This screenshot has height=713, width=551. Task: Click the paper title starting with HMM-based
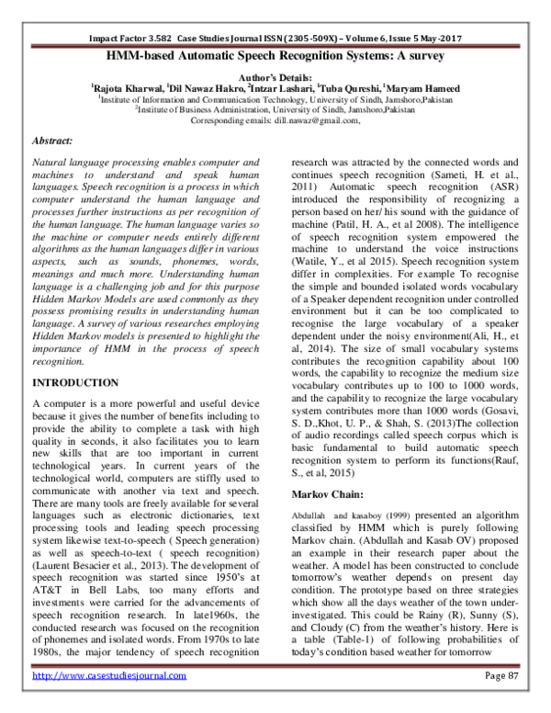(275, 56)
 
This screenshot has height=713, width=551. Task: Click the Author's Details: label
(275, 78)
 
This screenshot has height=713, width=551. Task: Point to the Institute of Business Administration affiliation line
(275, 109)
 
